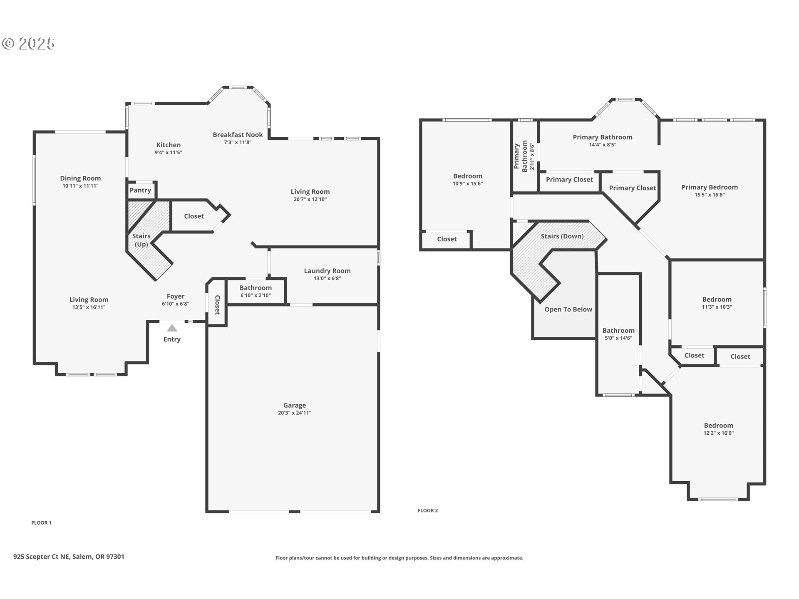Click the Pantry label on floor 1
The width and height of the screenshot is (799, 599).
point(140,190)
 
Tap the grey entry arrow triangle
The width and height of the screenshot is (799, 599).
point(172,328)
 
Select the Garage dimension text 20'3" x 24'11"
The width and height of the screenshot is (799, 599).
point(295,413)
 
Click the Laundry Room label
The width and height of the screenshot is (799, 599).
point(327,271)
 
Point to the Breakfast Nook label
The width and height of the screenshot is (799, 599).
point(238,135)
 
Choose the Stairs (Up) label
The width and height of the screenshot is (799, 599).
point(141,240)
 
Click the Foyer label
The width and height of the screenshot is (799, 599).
point(175,296)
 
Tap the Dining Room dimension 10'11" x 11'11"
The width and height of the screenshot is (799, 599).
point(80,186)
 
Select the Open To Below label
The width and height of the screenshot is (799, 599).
point(568,309)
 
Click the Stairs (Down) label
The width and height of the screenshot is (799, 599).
point(562,236)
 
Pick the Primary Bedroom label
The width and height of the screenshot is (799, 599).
point(709,187)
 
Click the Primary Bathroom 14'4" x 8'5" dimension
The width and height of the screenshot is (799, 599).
point(602,145)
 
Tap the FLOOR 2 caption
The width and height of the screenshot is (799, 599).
point(428,510)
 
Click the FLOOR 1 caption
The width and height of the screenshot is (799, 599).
point(41,523)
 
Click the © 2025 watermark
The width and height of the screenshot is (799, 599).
point(28,44)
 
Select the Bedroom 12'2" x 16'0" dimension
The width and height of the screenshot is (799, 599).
point(718,433)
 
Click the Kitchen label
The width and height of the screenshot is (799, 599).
point(168,145)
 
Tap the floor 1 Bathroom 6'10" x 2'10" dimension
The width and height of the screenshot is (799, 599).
point(256,295)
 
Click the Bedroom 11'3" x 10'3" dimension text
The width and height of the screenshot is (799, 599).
point(717,307)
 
